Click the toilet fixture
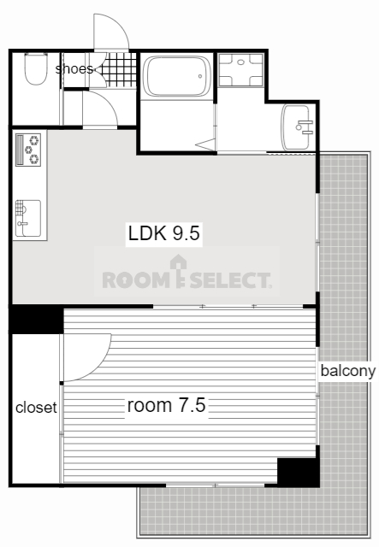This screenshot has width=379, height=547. [36, 68]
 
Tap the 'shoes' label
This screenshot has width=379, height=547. [74, 68]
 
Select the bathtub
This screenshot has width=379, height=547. [177, 76]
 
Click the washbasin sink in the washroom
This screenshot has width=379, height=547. [297, 127]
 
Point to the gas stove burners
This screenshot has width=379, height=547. [28, 150]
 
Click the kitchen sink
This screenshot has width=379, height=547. [28, 219]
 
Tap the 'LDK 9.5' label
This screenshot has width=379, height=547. [163, 233]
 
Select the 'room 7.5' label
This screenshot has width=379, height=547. [166, 405]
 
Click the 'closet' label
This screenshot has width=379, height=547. [36, 407]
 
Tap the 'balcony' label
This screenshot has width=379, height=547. [348, 371]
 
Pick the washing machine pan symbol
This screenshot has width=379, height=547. [240, 69]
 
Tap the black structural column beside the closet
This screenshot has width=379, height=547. [36, 319]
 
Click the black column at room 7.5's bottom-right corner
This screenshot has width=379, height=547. [299, 472]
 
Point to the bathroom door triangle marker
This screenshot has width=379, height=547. [206, 144]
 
